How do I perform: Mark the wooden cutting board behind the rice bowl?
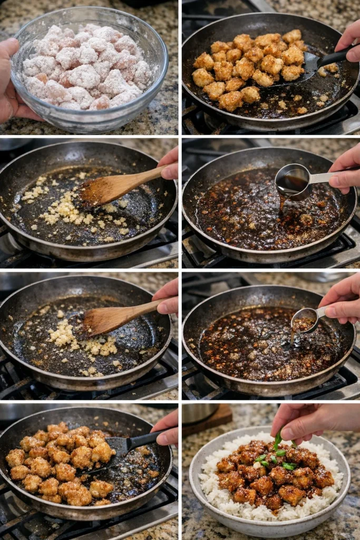[x=219, y=417]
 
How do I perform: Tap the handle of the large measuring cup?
[x=322, y=177]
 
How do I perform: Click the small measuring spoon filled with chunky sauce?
[x=304, y=321]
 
